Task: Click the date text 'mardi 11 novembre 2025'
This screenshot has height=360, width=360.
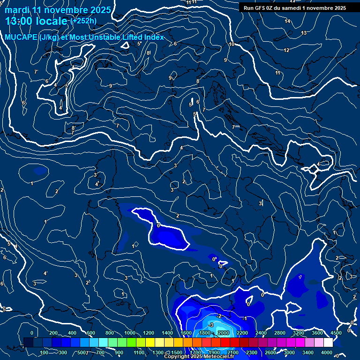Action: pyautogui.click(x=58, y=10)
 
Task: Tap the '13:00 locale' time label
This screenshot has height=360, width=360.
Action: pyautogui.click(x=37, y=21)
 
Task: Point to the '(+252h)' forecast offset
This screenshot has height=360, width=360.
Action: pyautogui.click(x=83, y=21)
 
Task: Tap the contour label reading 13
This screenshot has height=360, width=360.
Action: pyautogui.click(x=304, y=33)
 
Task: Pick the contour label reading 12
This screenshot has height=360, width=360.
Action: pyautogui.click(x=286, y=50)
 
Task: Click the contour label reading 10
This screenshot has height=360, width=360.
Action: pyautogui.click(x=232, y=45)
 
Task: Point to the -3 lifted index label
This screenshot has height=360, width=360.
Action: pyautogui.click(x=211, y=325)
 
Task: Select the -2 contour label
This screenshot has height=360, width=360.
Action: pyautogui.click(x=219, y=316)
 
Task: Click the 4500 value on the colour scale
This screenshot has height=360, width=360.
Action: pyautogui.click(x=336, y=333)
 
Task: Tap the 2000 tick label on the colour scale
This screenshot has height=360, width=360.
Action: pyautogui.click(x=223, y=333)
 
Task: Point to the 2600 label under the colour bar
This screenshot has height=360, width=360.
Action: pyautogui.click(x=270, y=352)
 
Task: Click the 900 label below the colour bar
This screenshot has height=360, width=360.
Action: pyautogui.click(x=119, y=352)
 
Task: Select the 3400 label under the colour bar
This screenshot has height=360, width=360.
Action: pyautogui.click(x=308, y=352)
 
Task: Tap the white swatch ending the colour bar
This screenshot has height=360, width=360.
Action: pyautogui.click(x=328, y=343)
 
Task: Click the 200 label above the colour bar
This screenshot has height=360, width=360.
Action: pyautogui.click(x=53, y=333)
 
